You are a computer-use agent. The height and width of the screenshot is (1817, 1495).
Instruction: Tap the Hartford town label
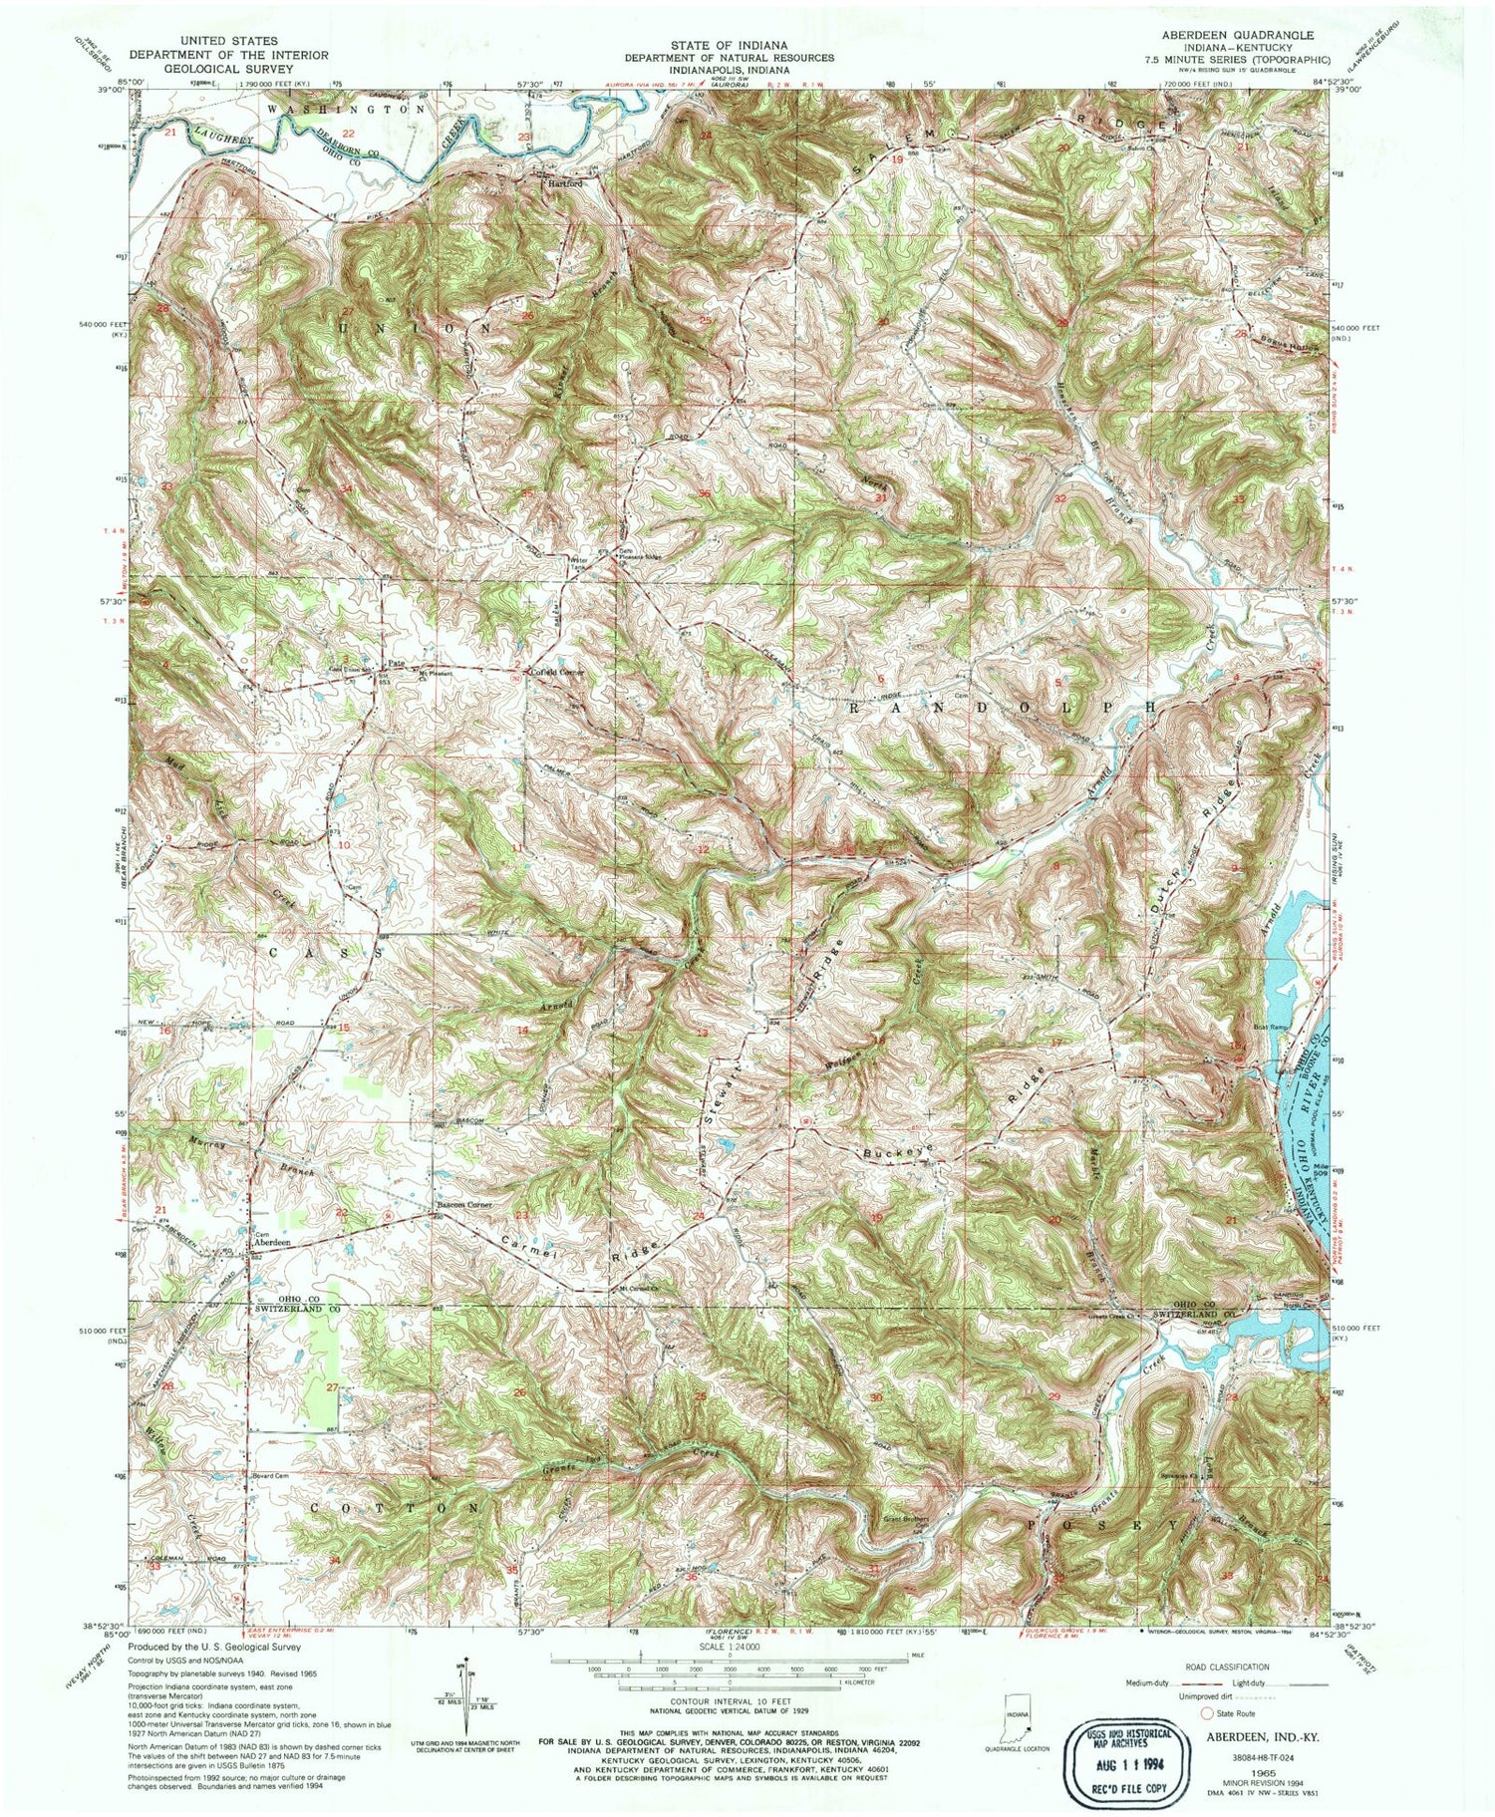[x=562, y=184]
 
